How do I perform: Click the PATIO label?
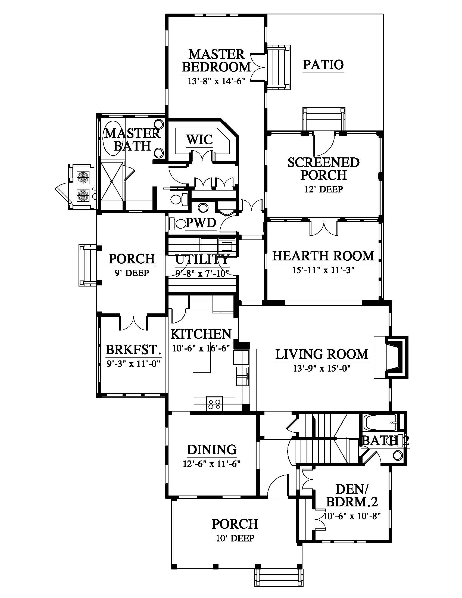[x=323, y=65]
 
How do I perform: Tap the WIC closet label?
[x=199, y=139]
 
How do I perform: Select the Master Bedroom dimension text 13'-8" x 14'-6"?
[x=216, y=81]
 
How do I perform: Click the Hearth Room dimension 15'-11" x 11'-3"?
[x=323, y=270]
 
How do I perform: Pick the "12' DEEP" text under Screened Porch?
[x=324, y=189]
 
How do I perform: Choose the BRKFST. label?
[x=133, y=350]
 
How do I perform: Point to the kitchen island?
[x=202, y=357]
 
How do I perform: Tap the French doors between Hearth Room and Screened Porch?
[x=324, y=227]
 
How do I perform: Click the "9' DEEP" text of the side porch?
[x=132, y=273]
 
